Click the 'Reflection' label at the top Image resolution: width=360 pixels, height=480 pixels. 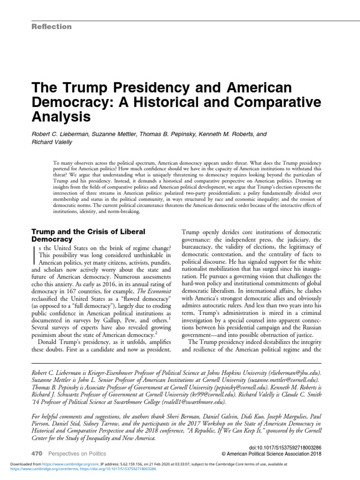point(51,27)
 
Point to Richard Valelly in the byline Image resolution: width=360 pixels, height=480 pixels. point(52,142)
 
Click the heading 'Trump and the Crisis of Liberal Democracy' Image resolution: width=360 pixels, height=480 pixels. point(88,235)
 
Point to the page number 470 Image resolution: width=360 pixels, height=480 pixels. point(37,454)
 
